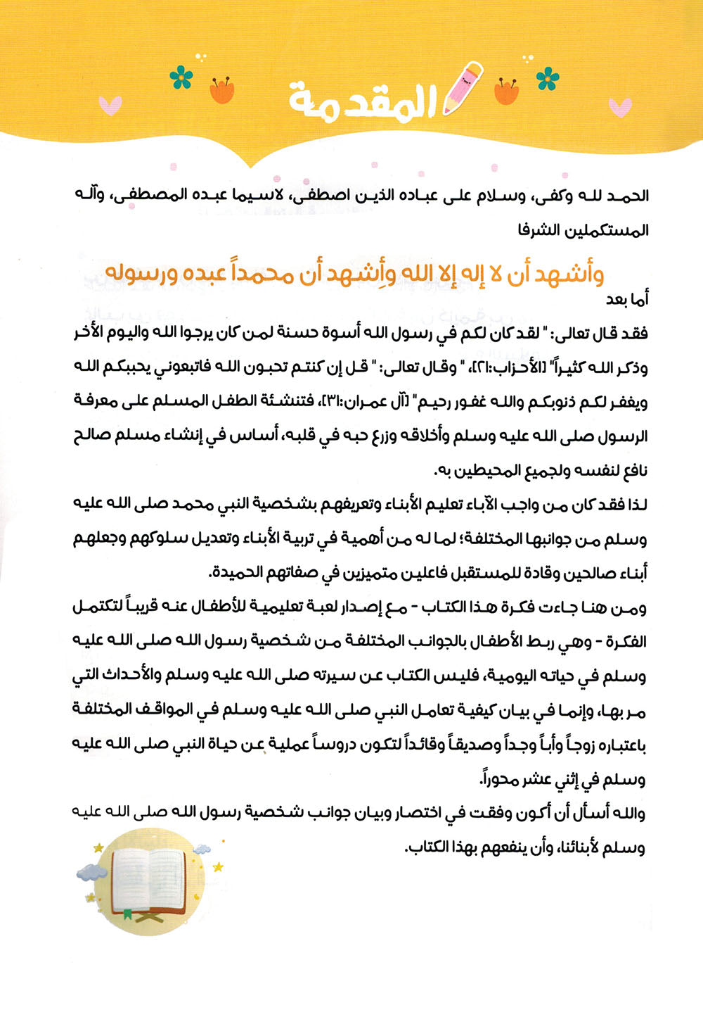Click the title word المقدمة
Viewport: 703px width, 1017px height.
[362, 103]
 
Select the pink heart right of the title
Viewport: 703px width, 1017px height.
[619, 107]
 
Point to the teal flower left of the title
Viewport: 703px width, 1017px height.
[181, 77]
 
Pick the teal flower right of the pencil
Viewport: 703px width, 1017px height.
[548, 79]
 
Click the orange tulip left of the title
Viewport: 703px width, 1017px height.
[222, 90]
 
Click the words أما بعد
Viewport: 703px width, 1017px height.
[627, 299]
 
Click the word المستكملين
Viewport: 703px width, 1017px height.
[605, 230]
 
